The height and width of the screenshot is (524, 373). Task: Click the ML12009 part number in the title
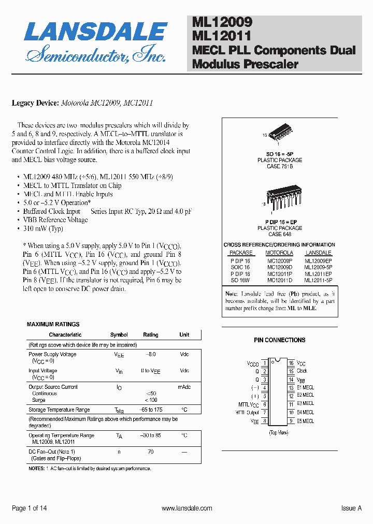coord(222,22)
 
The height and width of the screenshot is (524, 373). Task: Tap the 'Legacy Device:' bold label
coord(35,103)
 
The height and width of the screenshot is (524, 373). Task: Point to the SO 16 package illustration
coord(279,133)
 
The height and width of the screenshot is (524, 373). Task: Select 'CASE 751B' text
coord(280,166)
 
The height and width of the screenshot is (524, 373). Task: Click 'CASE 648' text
coord(280,234)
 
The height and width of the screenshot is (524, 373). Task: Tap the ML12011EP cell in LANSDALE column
coord(318,273)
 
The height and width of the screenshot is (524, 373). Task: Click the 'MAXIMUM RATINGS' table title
coord(53,324)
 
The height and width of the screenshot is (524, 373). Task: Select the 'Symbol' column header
coord(119,335)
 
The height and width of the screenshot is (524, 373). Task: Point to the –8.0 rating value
coord(151,354)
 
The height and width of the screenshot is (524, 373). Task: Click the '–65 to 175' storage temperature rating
coord(151,410)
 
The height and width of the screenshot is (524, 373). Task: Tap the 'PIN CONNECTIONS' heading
coord(279,340)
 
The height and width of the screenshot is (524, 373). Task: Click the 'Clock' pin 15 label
coord(302,371)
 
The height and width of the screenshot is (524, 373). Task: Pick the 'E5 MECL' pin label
coord(305,421)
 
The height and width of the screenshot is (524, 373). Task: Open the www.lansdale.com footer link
coord(187,508)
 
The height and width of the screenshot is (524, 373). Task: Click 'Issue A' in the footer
coord(351,508)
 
